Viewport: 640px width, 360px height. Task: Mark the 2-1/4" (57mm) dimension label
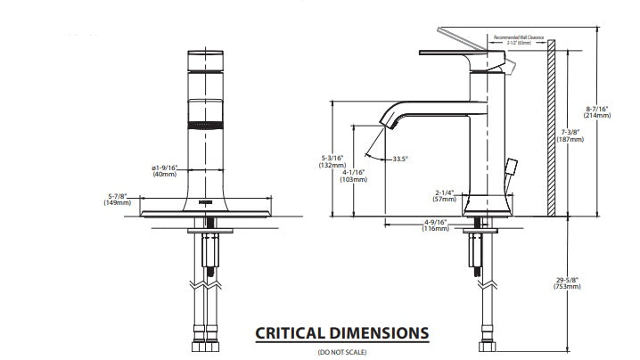point(446,195)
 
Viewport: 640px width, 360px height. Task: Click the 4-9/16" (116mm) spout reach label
point(435,225)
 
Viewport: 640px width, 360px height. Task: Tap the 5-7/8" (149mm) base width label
point(119,199)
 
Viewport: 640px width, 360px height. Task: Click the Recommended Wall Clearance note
point(506,39)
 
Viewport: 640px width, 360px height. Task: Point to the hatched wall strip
point(551,134)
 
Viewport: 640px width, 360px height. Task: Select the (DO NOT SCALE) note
point(341,353)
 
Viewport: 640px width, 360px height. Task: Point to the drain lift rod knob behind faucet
point(512,166)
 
